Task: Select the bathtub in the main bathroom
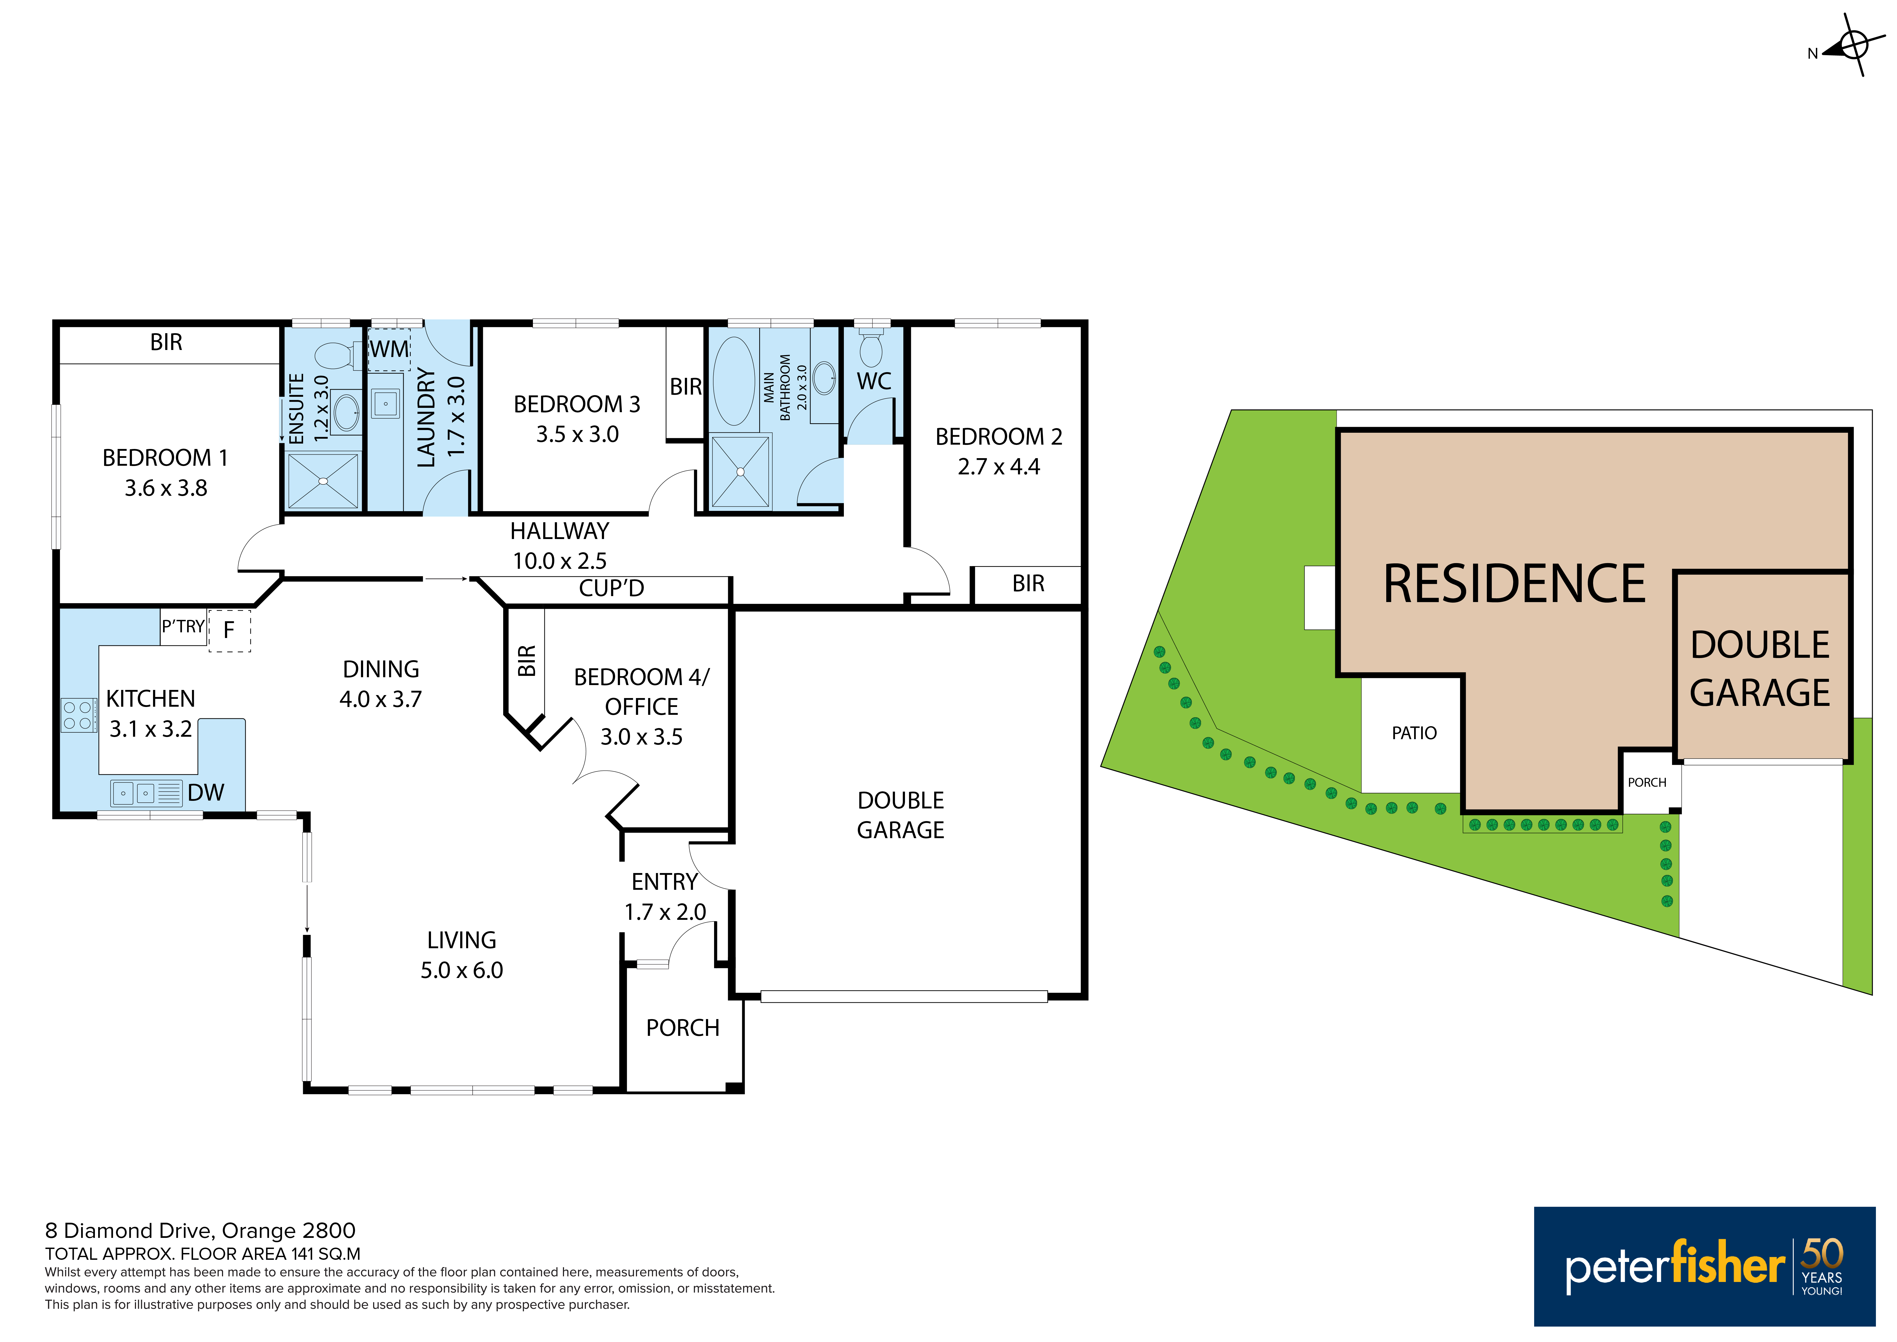(x=734, y=380)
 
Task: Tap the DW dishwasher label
(x=206, y=792)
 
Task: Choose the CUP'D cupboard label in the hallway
(x=611, y=588)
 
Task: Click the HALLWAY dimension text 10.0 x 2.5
(x=559, y=561)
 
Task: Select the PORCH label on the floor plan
(x=682, y=1028)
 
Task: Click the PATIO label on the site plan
(x=1414, y=733)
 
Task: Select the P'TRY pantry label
(x=183, y=626)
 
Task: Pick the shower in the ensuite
(x=323, y=481)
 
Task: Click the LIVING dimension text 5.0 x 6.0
(x=462, y=970)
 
